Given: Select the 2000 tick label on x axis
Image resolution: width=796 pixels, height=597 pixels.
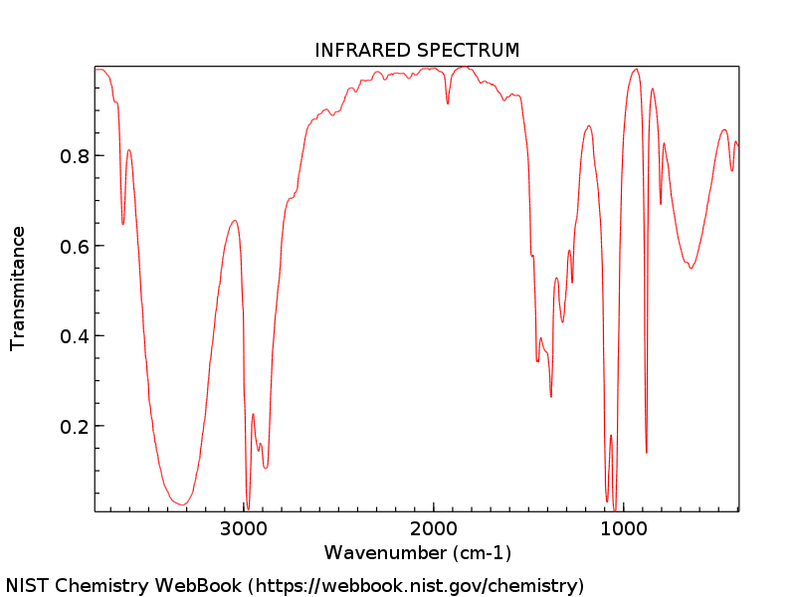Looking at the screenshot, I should click(435, 528).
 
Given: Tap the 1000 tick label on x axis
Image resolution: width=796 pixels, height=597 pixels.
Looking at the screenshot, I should click(625, 528).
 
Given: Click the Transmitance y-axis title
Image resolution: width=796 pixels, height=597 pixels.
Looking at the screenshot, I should click(18, 289).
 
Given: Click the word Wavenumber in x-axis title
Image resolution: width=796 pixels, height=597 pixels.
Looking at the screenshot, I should click(385, 552).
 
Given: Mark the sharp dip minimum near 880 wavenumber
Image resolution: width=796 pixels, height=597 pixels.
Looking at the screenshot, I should click(647, 453).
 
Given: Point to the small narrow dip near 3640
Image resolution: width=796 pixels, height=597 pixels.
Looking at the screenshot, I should click(123, 224).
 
